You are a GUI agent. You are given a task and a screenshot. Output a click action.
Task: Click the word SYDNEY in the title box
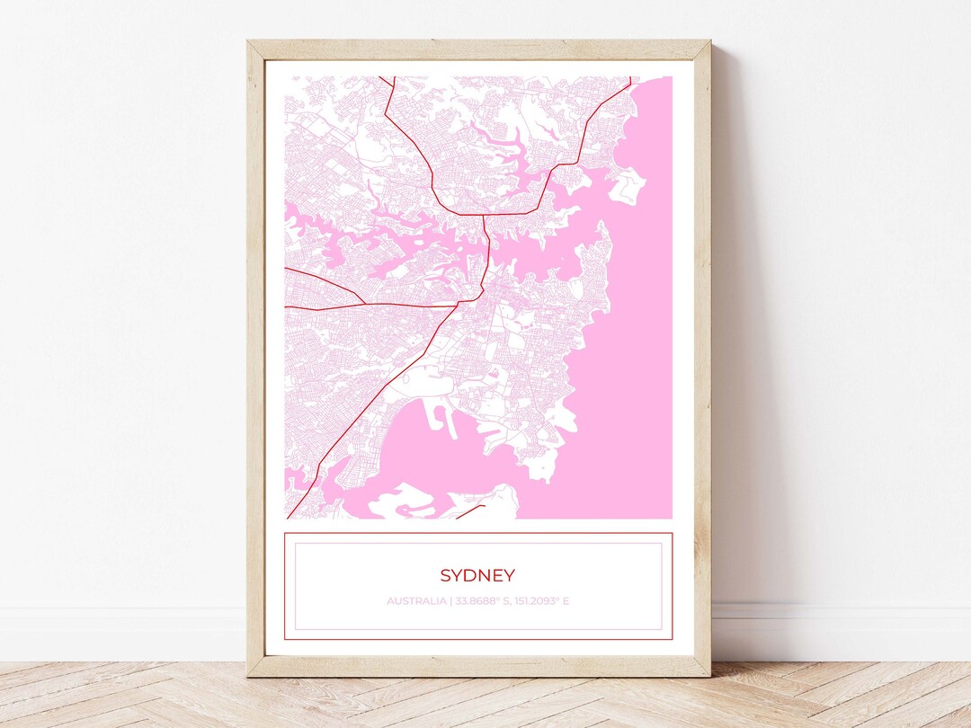477,575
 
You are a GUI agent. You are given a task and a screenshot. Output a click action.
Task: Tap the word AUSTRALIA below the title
416,600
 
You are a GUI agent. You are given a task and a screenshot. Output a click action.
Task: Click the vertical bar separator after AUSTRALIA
450,600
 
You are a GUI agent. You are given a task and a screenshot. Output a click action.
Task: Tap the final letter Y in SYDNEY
510,575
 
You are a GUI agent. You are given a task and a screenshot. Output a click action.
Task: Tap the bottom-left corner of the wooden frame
248,675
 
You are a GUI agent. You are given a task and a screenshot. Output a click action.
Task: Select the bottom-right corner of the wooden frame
709,675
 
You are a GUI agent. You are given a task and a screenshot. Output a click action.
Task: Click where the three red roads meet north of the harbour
484,215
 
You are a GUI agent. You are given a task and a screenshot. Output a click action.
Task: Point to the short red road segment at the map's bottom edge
470,511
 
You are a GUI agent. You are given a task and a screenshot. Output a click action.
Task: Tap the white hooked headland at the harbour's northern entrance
628,185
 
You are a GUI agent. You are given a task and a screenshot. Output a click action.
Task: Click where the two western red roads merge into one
363,303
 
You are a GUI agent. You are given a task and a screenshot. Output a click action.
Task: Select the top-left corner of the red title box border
285,534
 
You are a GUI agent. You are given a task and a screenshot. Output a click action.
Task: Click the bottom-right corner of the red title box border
672,639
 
